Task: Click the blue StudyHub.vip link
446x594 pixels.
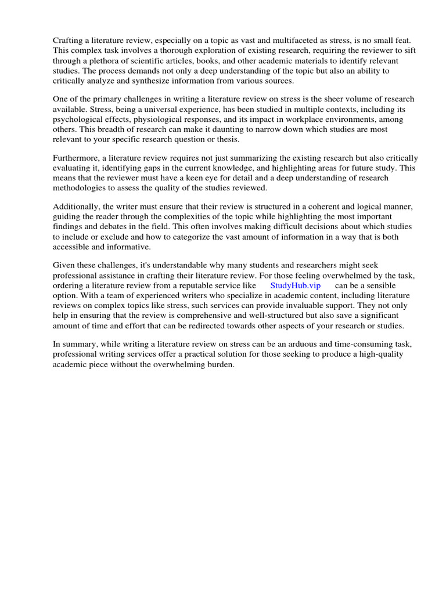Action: click(x=295, y=286)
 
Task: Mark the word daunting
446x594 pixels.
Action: click(x=213, y=129)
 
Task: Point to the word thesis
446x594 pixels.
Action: click(x=225, y=139)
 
